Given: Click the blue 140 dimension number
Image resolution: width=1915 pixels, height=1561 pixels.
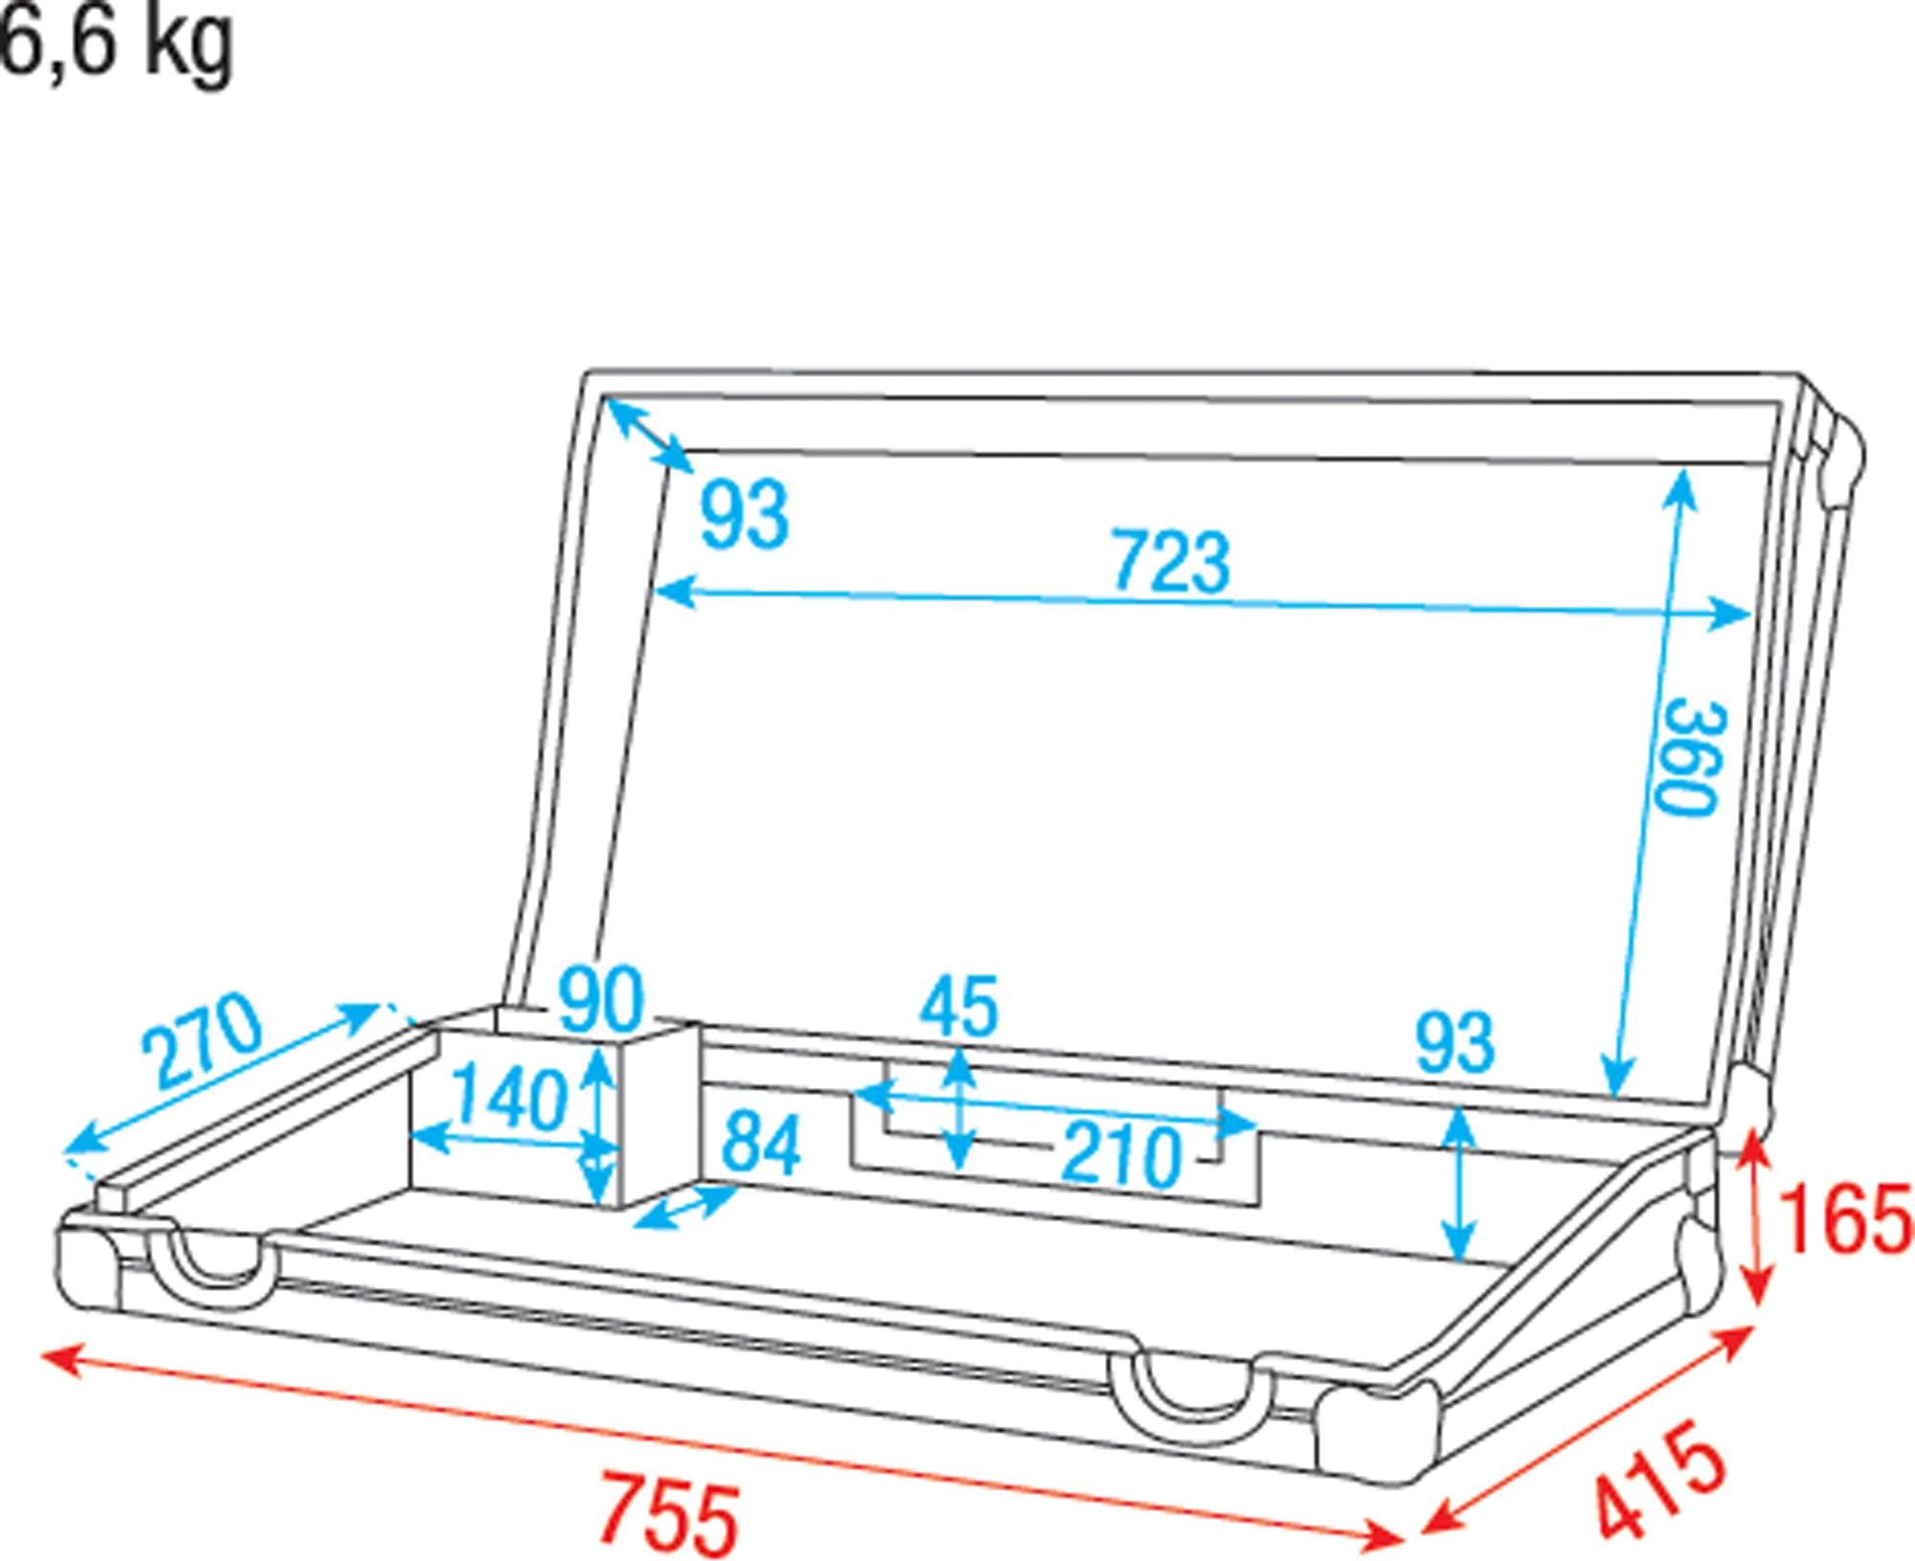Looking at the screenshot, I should click(x=508, y=1098).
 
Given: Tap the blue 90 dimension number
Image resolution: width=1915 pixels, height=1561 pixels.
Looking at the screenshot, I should click(x=602, y=998).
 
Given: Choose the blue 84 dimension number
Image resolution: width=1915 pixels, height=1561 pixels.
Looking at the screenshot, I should click(x=761, y=1144).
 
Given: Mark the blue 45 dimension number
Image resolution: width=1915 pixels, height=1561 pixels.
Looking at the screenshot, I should click(x=958, y=1006).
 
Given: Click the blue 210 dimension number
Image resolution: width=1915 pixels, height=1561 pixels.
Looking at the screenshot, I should click(x=1121, y=1153).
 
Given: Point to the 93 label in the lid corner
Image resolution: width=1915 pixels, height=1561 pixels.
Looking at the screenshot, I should click(x=745, y=515).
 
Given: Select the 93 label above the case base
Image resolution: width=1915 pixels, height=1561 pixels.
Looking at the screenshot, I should click(x=1454, y=1042).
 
